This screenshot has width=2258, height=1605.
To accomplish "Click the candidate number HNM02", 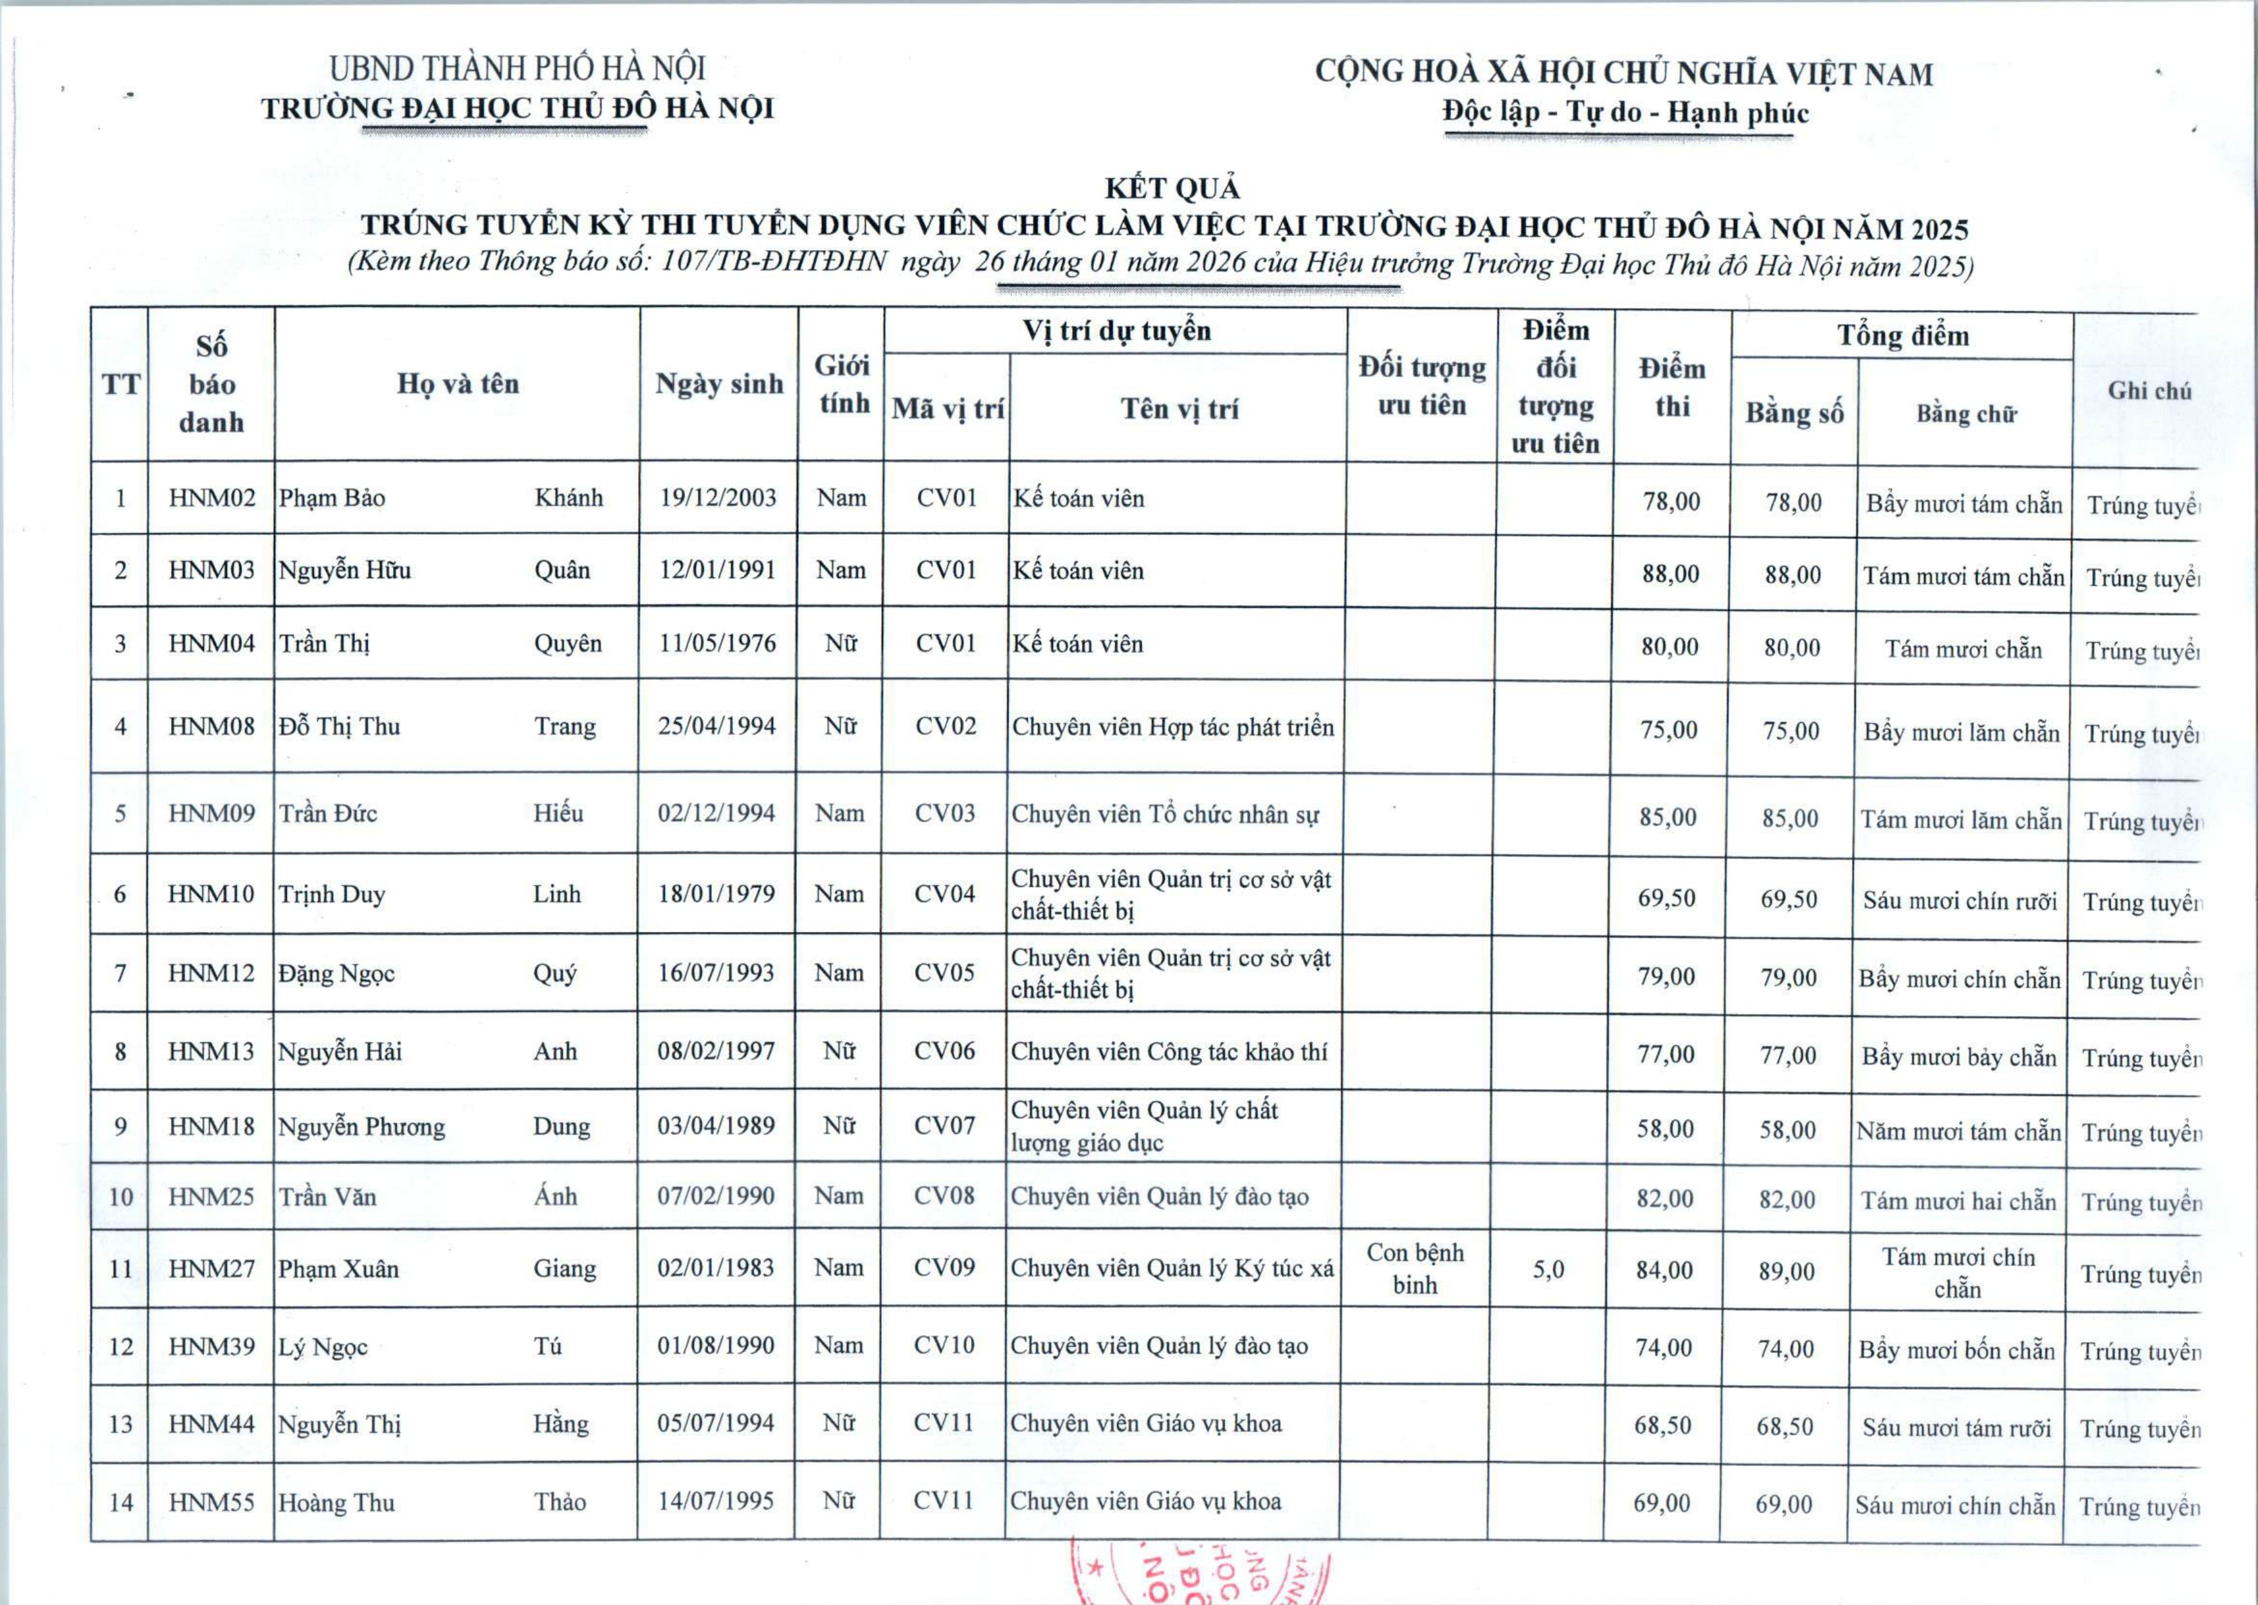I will tap(212, 498).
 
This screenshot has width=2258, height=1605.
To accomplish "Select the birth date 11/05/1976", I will tap(718, 644).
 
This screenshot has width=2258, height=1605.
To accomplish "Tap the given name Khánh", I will tap(569, 498).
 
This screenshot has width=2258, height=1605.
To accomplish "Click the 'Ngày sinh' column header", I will tap(718, 385).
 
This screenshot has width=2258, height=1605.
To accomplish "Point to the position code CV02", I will tap(945, 727).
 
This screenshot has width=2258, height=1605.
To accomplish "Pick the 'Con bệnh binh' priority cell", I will tap(1415, 1268).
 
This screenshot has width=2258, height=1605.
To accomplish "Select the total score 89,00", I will tap(1787, 1271).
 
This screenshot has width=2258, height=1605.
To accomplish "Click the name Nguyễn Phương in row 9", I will tap(361, 1127).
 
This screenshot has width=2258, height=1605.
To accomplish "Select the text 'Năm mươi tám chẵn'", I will tap(1958, 1132).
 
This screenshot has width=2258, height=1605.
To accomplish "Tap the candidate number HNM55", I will tap(212, 1502).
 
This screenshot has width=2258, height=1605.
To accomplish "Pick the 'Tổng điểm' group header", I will tap(1902, 336).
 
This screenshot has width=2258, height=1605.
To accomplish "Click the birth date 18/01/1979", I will tap(716, 894).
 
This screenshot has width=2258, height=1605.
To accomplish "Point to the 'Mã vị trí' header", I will tap(947, 409).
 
